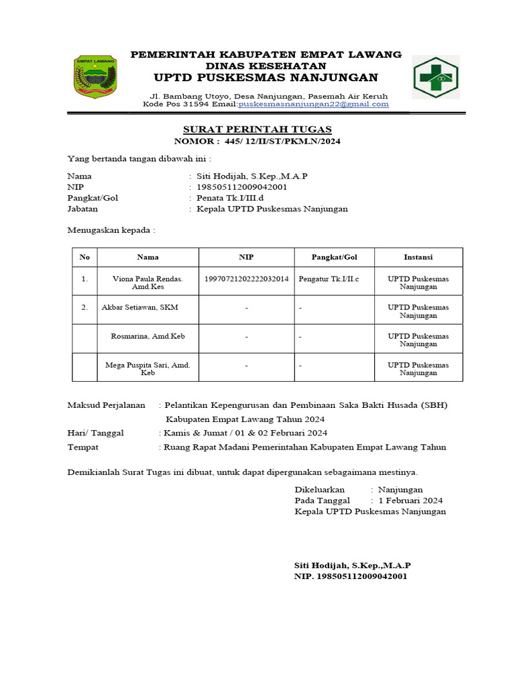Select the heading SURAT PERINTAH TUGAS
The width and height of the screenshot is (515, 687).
(x=257, y=129)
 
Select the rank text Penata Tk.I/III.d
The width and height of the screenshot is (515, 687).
(x=231, y=198)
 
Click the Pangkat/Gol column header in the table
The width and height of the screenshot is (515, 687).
(x=334, y=257)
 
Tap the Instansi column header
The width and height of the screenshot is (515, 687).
(x=418, y=257)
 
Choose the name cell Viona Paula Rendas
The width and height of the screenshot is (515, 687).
(x=148, y=282)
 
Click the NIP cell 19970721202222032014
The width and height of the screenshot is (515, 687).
(x=246, y=278)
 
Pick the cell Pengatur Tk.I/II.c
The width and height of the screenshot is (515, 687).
(x=329, y=278)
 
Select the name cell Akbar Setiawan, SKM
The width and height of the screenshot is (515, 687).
(x=139, y=307)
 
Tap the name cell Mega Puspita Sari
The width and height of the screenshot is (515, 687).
(x=148, y=368)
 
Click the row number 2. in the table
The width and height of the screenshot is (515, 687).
(x=84, y=307)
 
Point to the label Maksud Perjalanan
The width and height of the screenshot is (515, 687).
(x=107, y=405)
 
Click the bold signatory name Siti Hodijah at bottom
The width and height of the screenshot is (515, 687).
(x=353, y=565)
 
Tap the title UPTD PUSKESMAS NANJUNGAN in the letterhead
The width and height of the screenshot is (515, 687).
(x=266, y=77)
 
